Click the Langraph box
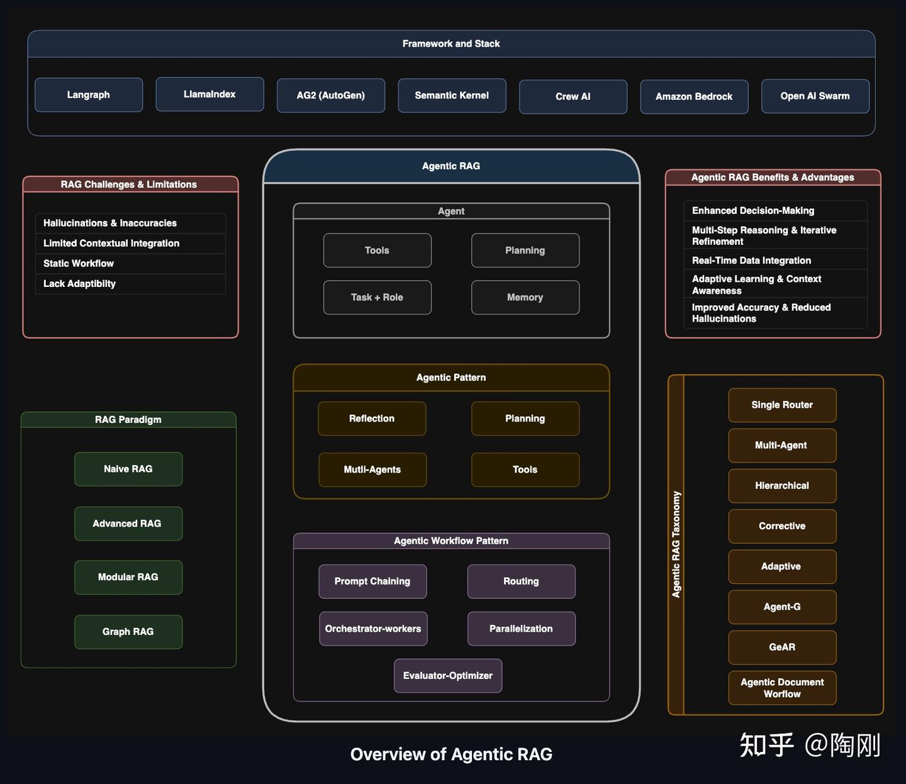[89, 95]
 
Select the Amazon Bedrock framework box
[694, 97]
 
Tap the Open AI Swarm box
[815, 96]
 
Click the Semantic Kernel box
[452, 96]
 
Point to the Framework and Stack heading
[451, 44]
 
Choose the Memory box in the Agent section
[525, 298]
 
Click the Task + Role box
[377, 298]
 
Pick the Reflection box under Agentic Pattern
[372, 419]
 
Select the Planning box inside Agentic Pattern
[525, 419]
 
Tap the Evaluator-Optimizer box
[448, 676]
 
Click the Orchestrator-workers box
[373, 629]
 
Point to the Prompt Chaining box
[372, 581]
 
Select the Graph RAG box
[128, 632]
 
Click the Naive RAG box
[128, 469]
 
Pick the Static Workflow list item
[79, 264]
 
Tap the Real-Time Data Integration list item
[751, 260]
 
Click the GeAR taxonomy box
[782, 647]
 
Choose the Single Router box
[782, 405]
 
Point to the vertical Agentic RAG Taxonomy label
[676, 544]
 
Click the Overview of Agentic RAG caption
[451, 754]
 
